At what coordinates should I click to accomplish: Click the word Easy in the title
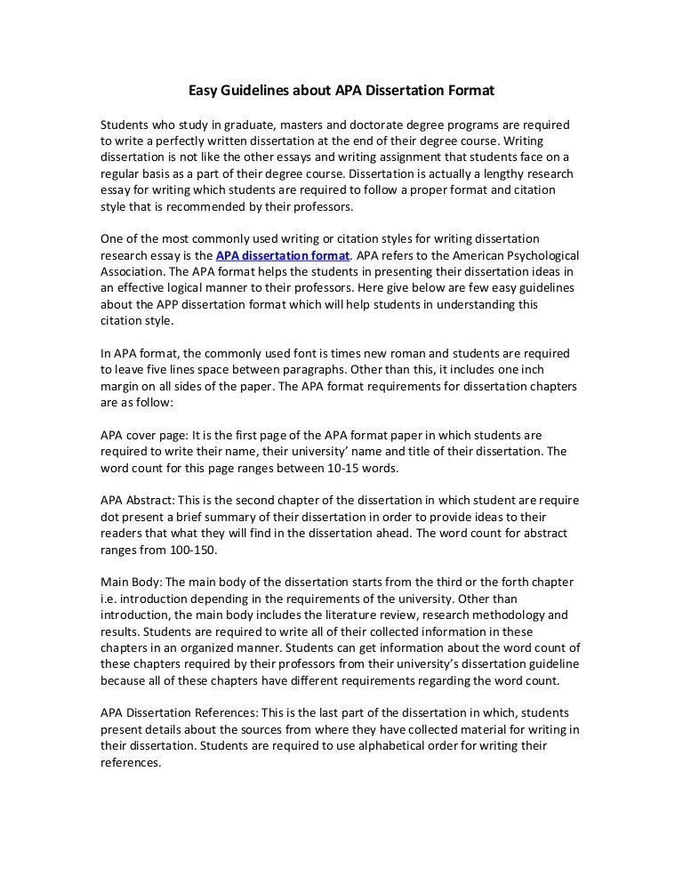click(x=203, y=90)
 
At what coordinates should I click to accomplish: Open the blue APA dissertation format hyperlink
click(x=283, y=255)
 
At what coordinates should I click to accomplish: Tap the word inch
click(x=558, y=370)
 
